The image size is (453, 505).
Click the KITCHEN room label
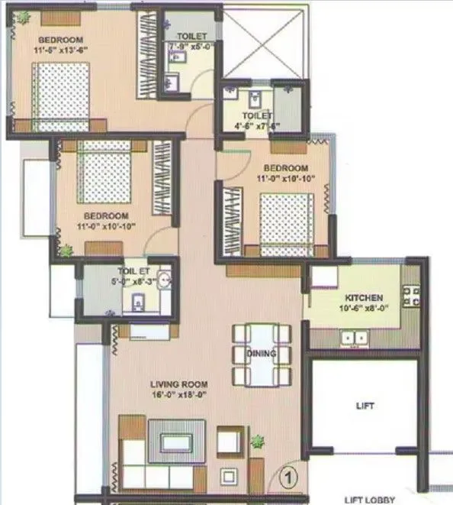coord(363,297)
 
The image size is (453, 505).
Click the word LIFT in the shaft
coord(365,406)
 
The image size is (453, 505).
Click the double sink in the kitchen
coord(354,336)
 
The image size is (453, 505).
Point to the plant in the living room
coord(259,441)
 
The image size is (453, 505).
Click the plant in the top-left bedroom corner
coord(24,17)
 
